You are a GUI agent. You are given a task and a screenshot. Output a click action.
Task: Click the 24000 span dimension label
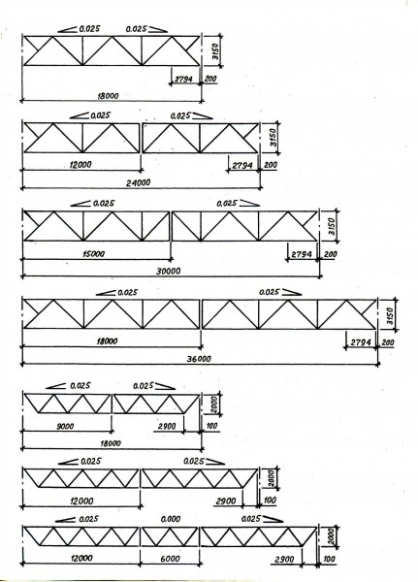click(x=138, y=182)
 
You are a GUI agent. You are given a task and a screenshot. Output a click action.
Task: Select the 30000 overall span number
click(x=168, y=271)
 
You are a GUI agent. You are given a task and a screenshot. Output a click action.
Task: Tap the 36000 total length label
click(x=199, y=359)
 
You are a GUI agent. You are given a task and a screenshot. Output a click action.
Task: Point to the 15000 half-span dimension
click(x=93, y=254)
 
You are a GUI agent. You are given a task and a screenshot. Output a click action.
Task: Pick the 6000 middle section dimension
click(x=171, y=559)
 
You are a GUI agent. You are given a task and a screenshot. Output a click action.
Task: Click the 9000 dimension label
click(x=65, y=426)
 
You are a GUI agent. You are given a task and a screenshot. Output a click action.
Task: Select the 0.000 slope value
click(x=171, y=519)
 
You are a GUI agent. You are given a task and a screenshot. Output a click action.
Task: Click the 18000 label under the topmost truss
click(x=108, y=96)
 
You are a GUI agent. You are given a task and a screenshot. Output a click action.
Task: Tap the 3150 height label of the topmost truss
click(x=217, y=52)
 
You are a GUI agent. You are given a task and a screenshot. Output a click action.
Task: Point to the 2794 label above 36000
click(x=361, y=342)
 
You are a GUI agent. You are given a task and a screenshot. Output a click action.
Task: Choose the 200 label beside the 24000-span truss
click(x=270, y=165)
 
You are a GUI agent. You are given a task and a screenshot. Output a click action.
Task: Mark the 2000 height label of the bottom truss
click(x=332, y=536)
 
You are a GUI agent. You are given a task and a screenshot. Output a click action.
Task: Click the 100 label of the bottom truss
click(x=329, y=559)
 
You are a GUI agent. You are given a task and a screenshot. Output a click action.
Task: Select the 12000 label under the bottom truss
click(x=81, y=558)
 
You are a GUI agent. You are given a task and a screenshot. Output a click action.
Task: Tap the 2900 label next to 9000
click(x=167, y=426)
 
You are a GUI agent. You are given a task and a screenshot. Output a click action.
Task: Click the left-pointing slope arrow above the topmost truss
click(x=67, y=29)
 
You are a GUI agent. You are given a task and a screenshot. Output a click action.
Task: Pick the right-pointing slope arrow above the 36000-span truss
click(x=291, y=293)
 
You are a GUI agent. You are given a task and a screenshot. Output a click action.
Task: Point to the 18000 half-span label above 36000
click(x=107, y=340)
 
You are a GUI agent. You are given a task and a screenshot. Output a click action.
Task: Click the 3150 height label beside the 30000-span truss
click(x=332, y=226)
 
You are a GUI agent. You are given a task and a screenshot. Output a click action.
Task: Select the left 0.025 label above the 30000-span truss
click(x=104, y=204)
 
